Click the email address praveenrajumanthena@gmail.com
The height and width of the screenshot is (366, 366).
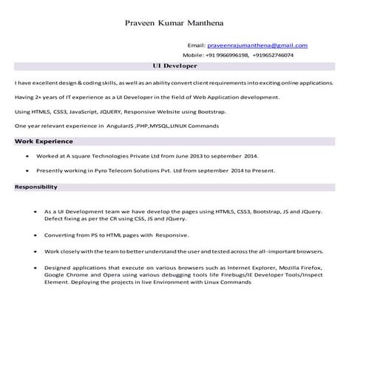coord(257,46)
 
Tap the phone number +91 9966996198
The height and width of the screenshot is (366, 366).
coord(228,55)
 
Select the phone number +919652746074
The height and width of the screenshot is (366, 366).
coord(273,55)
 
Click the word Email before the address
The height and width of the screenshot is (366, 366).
coord(197,46)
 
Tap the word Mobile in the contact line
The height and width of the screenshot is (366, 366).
coord(193,55)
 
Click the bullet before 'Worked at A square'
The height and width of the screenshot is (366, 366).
coord(27,157)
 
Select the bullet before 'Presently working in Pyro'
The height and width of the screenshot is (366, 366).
coord(27,171)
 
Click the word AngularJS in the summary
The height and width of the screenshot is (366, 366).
coord(123,126)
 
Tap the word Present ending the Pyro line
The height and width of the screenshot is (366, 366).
coord(262,171)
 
